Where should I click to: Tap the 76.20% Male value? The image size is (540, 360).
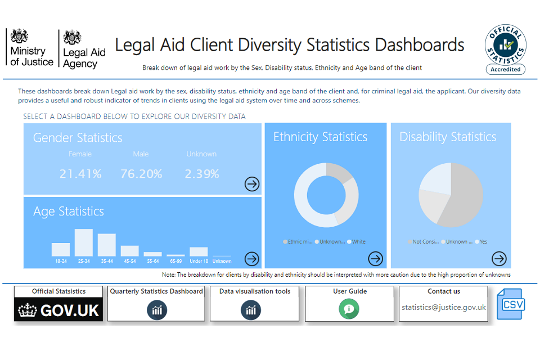[x=141, y=174]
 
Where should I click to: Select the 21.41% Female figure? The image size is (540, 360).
[x=80, y=174]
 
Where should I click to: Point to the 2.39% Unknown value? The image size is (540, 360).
[x=201, y=174]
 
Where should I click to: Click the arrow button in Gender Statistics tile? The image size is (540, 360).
[x=252, y=184]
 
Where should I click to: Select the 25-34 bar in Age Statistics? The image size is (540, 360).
[x=83, y=242]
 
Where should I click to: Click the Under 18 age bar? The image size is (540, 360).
[x=199, y=251]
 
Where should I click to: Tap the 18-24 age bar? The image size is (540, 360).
[x=61, y=249]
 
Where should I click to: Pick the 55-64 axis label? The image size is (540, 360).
[x=152, y=261]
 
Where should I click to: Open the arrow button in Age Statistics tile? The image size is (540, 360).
[x=252, y=258]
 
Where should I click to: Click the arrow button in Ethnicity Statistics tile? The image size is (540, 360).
[x=375, y=258]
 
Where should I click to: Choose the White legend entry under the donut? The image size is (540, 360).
[x=357, y=242]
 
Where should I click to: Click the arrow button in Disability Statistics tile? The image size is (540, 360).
[x=499, y=258]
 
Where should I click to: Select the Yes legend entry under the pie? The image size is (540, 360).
[x=481, y=242]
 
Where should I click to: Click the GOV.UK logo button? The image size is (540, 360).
[x=58, y=309]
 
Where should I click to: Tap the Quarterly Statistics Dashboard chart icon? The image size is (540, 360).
[x=156, y=310]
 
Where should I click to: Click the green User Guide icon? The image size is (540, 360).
[x=349, y=309]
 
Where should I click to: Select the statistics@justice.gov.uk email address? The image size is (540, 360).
[x=443, y=308]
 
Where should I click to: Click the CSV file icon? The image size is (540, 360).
[x=511, y=304]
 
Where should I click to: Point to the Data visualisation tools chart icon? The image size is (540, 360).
[x=251, y=310]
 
